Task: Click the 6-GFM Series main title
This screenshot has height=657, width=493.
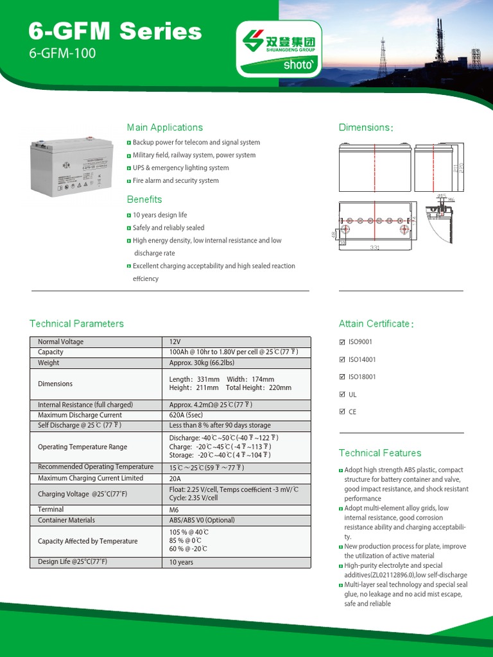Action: coord(116,31)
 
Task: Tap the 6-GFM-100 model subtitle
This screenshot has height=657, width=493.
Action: coord(62,54)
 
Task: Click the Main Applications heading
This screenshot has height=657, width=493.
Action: coord(164,128)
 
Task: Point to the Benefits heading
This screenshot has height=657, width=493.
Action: coord(144,200)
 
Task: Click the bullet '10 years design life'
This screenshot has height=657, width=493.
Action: coord(160,215)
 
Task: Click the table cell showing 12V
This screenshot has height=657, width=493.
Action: coord(175,342)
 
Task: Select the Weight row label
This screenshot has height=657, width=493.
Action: coord(49,363)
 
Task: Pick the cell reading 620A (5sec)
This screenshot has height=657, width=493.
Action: coord(188,415)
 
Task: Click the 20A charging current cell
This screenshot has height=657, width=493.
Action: coord(175,478)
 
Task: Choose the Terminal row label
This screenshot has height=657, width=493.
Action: coord(51,509)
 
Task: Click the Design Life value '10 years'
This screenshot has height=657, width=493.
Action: coord(181,562)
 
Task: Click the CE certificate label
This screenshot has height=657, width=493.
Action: coord(352,412)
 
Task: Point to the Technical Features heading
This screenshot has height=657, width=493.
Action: coord(380,453)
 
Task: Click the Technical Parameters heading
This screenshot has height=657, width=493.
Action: coord(76,323)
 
